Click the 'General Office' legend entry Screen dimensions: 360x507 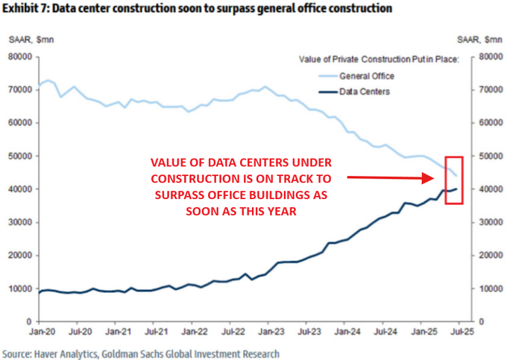coord(366,76)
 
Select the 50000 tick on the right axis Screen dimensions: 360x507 coord(485,157)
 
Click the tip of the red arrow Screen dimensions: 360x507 coord(435,178)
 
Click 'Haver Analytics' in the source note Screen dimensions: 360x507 coord(73,353)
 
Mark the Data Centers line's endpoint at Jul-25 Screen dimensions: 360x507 coord(457,189)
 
